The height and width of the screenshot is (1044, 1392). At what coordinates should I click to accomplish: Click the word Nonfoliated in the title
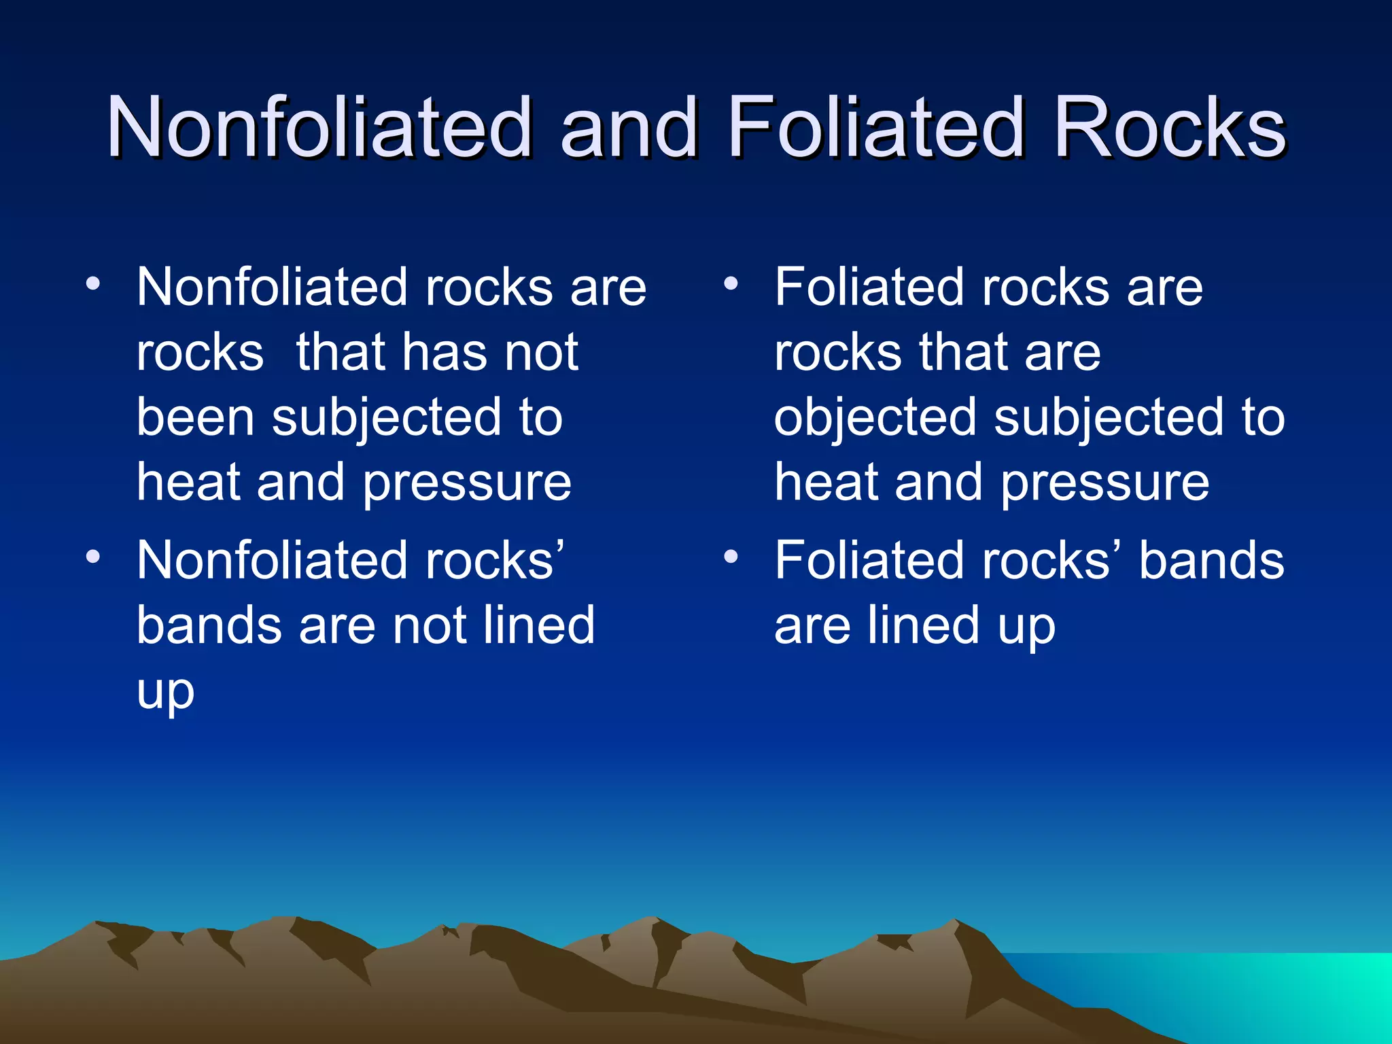(x=318, y=127)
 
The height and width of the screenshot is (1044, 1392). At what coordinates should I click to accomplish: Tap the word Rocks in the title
(x=1168, y=127)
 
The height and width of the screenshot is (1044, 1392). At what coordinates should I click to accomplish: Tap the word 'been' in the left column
(x=195, y=417)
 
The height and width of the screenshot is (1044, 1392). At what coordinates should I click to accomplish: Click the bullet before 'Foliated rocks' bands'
(x=731, y=557)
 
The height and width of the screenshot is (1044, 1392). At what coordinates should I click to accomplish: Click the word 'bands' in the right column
(x=1211, y=561)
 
